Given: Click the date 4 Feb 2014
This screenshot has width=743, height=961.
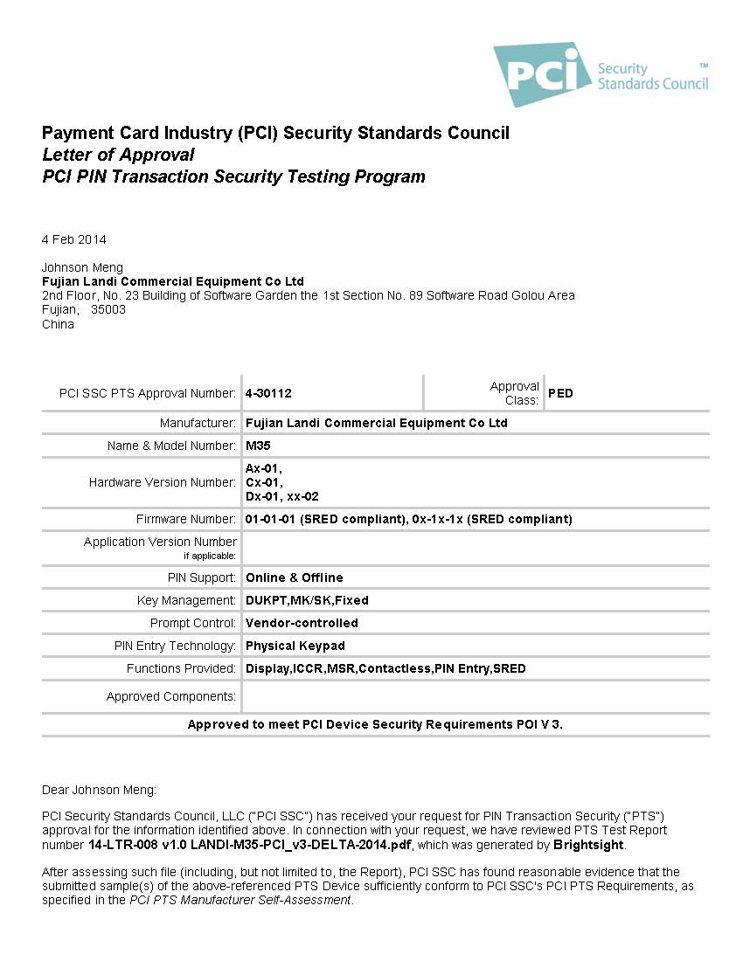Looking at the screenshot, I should click(74, 239).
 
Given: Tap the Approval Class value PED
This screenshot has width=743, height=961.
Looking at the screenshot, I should click(560, 393).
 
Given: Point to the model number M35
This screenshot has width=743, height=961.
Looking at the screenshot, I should click(258, 446).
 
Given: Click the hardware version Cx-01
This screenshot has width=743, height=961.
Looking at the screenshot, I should click(263, 482).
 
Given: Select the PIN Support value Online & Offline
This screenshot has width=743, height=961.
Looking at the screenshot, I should click(294, 577).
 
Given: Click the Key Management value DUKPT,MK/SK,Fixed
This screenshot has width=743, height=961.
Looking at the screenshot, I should click(307, 600).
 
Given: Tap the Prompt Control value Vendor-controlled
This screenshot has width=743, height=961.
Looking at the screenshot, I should click(302, 623).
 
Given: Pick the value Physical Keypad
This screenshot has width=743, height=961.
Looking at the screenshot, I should click(295, 646).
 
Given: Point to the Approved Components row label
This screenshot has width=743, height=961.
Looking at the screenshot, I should click(171, 696).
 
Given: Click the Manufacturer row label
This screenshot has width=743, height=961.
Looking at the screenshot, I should click(198, 423).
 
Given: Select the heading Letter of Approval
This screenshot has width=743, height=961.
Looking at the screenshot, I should click(118, 155).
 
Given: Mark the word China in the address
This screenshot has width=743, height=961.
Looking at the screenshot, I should click(58, 324).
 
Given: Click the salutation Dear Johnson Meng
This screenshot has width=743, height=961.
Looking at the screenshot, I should click(99, 790).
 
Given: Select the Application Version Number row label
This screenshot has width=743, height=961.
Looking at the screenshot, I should click(160, 542).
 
